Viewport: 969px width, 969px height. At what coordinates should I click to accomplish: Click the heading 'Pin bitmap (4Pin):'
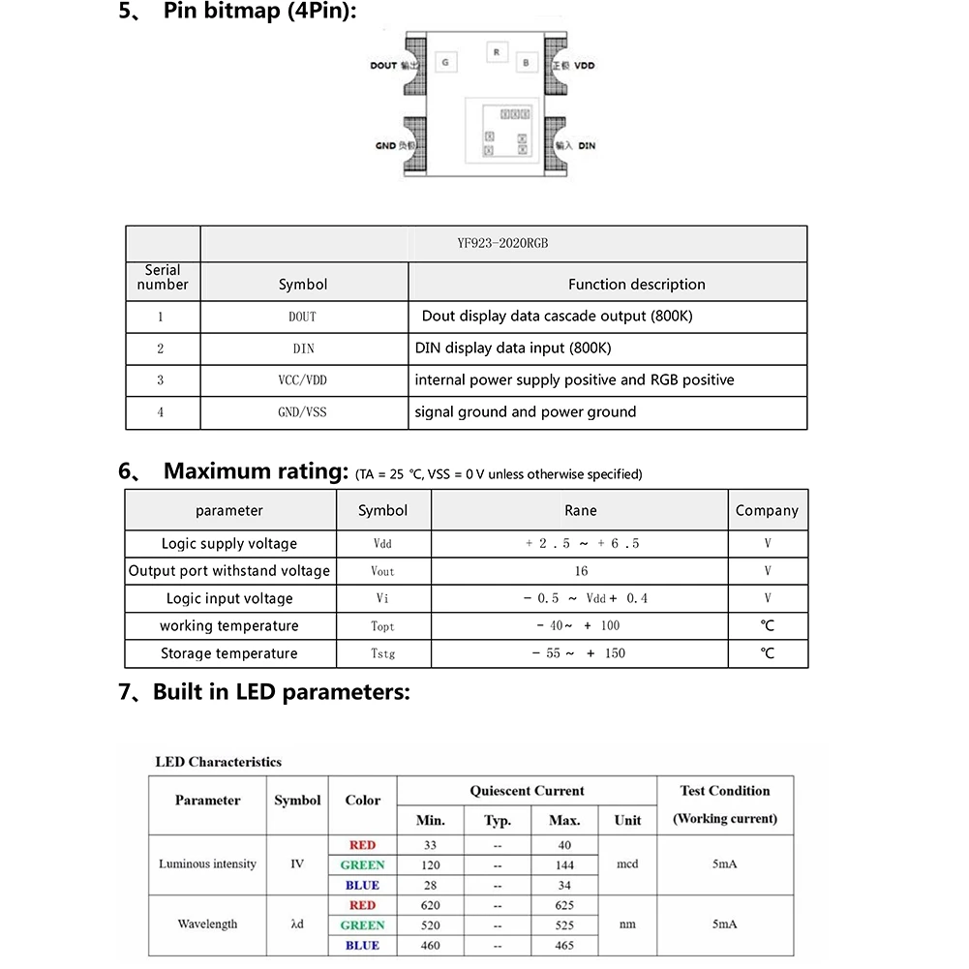pyautogui.click(x=259, y=13)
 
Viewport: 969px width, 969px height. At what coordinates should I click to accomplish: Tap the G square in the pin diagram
pyautogui.click(x=445, y=63)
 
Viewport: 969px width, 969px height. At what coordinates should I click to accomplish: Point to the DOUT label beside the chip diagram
pyautogui.click(x=384, y=66)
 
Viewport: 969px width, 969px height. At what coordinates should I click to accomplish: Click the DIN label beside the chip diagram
pyautogui.click(x=587, y=145)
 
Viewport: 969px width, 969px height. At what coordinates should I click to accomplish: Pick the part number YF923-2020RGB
pyautogui.click(x=502, y=244)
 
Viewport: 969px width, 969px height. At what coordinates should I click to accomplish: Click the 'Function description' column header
pyautogui.click(x=636, y=285)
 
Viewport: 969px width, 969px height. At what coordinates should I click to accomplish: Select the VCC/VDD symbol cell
pyautogui.click(x=302, y=380)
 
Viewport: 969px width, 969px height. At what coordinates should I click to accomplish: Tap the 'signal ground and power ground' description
pyautogui.click(x=526, y=412)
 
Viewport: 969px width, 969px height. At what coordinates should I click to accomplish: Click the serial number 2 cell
pyautogui.click(x=161, y=348)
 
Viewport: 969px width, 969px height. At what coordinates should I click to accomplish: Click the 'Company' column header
pyautogui.click(x=767, y=510)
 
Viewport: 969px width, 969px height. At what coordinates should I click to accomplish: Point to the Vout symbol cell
pyautogui.click(x=383, y=571)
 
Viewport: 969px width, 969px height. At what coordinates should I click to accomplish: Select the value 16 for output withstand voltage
pyautogui.click(x=580, y=571)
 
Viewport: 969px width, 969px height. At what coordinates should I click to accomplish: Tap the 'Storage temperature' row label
pyautogui.click(x=229, y=653)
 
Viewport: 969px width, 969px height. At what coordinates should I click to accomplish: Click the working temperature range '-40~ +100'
pyautogui.click(x=579, y=626)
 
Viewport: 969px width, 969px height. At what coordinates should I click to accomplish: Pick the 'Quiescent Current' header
pyautogui.click(x=527, y=791)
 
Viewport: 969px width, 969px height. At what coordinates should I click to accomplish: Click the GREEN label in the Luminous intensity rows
pyautogui.click(x=362, y=865)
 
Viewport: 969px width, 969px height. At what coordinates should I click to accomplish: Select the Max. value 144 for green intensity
pyautogui.click(x=564, y=865)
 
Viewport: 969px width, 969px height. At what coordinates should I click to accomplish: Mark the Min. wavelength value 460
pyautogui.click(x=430, y=945)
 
